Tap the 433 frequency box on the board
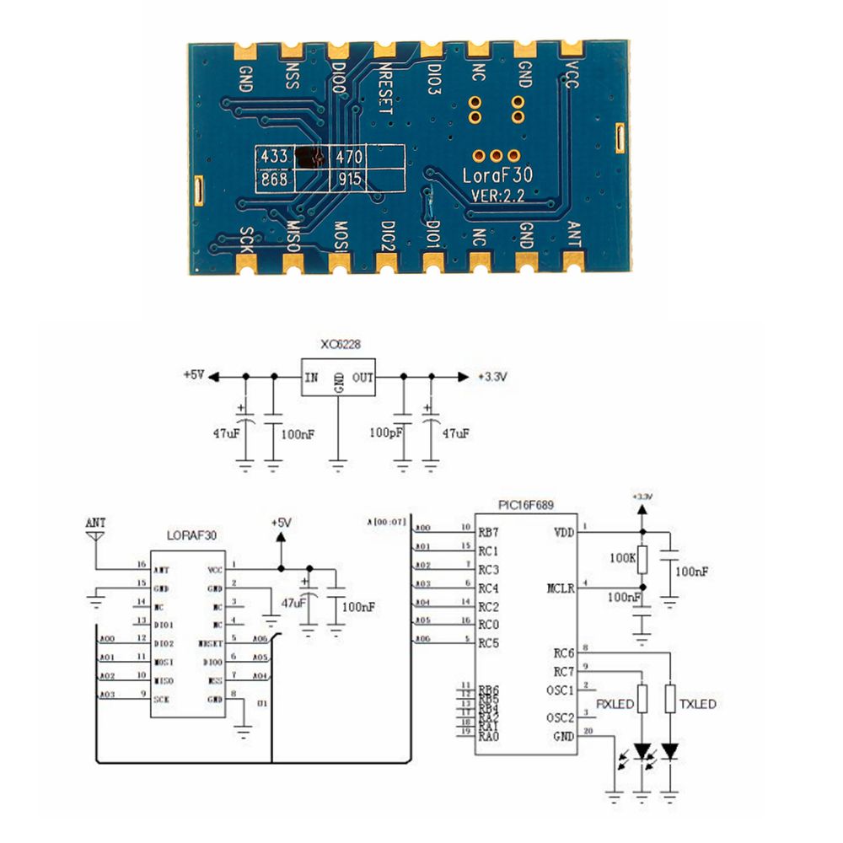[x=275, y=156]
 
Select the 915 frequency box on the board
[x=349, y=180]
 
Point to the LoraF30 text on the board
[x=497, y=176]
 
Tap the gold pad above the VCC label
[x=572, y=48]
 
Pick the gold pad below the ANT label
[x=573, y=263]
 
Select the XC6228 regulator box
[x=338, y=376]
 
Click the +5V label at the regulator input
[x=193, y=375]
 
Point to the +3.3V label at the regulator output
[x=491, y=377]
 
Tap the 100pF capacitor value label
[x=386, y=432]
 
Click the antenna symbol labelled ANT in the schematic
[x=96, y=534]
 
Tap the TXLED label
[x=697, y=703]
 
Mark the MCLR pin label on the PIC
[x=561, y=588]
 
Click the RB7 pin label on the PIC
[x=488, y=531]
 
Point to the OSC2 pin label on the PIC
[x=560, y=717]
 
